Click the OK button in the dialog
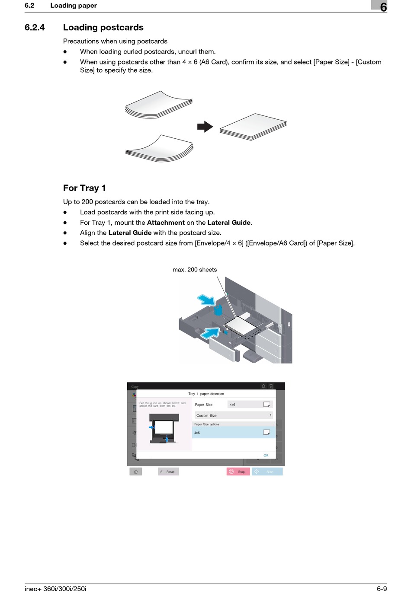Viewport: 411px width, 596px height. [x=266, y=455]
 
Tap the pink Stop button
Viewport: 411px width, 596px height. [x=238, y=472]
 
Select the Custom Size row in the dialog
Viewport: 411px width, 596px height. [x=234, y=415]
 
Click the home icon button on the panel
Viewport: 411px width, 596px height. [x=135, y=472]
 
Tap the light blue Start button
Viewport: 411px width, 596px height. [x=267, y=472]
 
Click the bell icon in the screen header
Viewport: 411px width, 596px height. [x=263, y=386]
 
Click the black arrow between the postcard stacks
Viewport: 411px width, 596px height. [x=205, y=127]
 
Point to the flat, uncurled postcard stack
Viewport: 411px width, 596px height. [x=254, y=127]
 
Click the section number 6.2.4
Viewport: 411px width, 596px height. [x=35, y=27]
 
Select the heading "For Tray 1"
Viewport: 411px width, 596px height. [x=84, y=188]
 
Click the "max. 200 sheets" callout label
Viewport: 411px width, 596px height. [x=195, y=270]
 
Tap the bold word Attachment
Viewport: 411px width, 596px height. [x=166, y=223]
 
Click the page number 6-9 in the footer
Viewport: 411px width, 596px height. [x=382, y=589]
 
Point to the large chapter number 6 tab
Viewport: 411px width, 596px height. [x=382, y=6]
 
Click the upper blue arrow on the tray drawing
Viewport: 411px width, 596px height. [x=206, y=300]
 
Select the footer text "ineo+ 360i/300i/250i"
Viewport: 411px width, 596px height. [x=55, y=589]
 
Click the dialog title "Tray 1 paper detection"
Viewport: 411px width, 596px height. [x=206, y=394]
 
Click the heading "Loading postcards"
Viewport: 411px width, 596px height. [x=103, y=27]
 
